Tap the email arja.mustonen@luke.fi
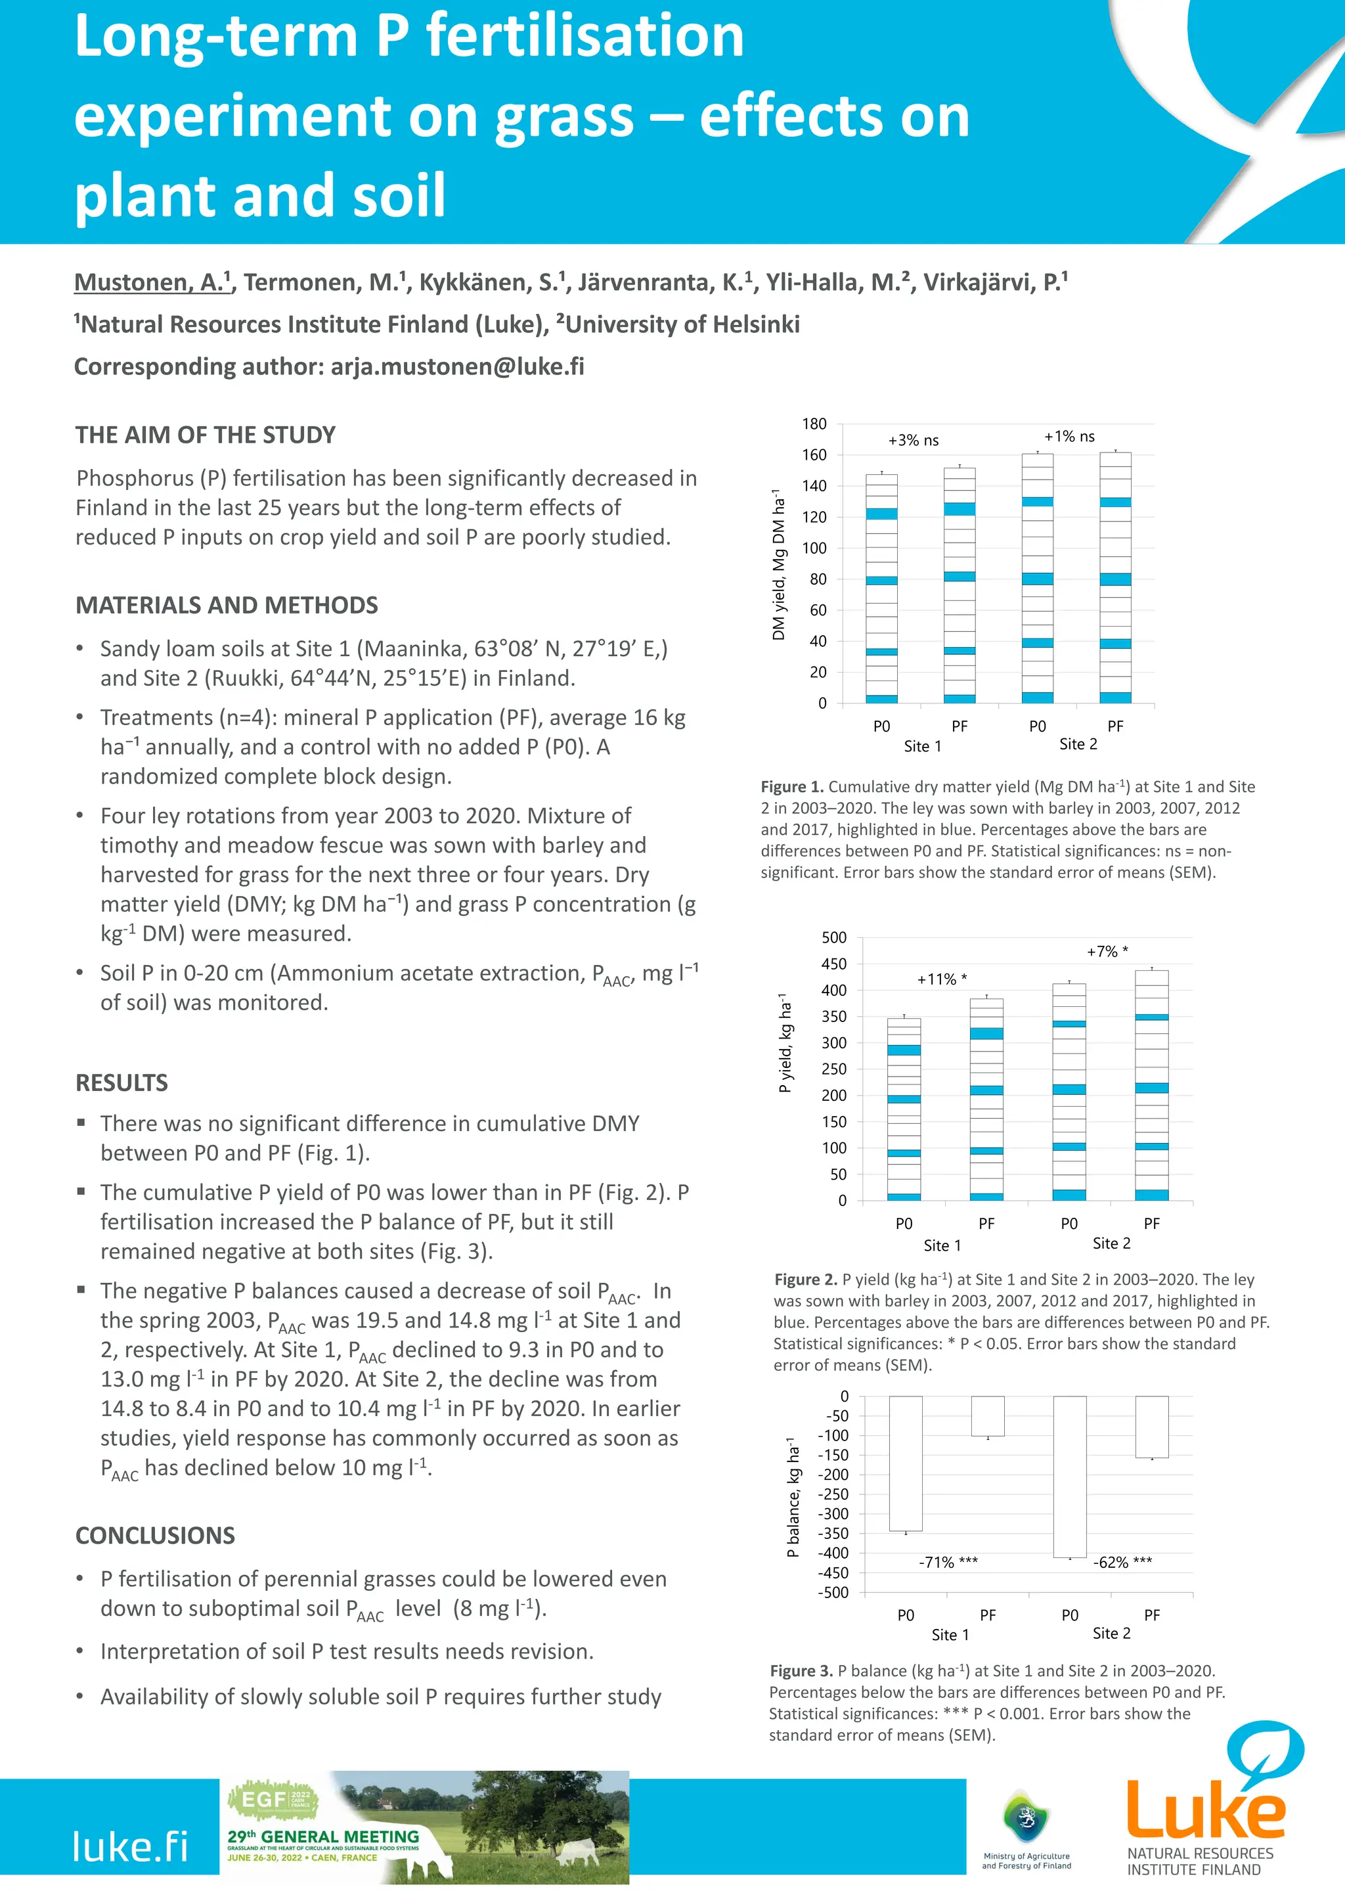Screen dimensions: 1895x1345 457,367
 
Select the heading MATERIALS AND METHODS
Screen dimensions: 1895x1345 226,606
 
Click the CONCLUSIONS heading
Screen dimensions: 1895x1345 155,1536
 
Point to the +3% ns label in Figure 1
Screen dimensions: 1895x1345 913,441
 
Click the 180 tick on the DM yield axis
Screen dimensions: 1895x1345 814,424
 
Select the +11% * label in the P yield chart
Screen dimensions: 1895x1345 942,979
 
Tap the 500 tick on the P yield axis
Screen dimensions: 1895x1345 834,937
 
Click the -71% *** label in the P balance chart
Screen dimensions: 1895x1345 948,1562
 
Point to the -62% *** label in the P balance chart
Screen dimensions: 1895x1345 1122,1562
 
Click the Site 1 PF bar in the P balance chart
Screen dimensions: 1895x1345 987,1416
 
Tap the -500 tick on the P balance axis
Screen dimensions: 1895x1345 833,1592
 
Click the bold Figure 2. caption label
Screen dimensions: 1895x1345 806,1280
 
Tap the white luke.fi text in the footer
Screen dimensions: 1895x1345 130,1846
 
